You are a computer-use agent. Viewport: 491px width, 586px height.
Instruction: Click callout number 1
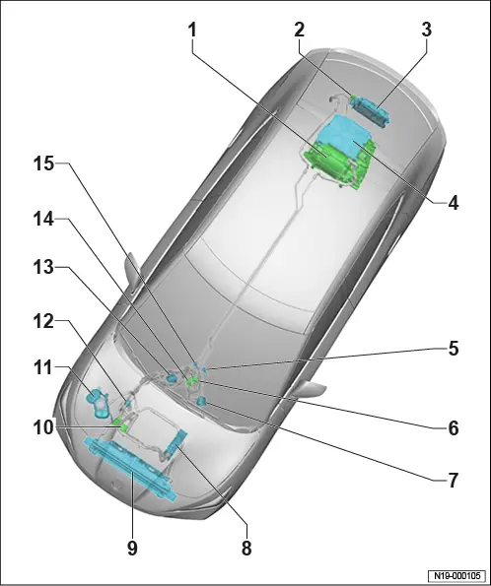pos(192,30)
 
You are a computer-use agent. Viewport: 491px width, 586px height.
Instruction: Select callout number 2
pos(300,30)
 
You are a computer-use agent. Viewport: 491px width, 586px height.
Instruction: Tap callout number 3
pos(427,30)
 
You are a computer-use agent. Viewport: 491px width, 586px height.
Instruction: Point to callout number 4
pos(453,203)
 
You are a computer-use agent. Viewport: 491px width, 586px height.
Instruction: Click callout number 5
pos(454,349)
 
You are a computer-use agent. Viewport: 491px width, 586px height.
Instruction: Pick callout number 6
pos(454,427)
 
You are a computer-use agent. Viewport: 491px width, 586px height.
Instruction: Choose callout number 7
pos(454,481)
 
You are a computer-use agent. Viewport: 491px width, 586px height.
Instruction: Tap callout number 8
pos(246,549)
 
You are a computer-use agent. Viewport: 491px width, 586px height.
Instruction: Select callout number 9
pos(132,549)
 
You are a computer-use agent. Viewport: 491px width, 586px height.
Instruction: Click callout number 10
pos(44,427)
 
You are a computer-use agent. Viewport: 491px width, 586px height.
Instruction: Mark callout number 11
pos(43,367)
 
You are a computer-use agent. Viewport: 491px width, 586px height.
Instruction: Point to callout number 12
pos(44,321)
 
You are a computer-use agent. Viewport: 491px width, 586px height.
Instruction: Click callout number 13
pos(44,267)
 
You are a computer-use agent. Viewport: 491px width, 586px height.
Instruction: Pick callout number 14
pos(44,220)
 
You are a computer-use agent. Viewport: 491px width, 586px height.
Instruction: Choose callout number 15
pos(44,163)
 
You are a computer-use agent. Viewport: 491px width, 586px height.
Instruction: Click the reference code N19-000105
pos(456,575)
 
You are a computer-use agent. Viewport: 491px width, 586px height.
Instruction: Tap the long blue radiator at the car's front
pos(130,470)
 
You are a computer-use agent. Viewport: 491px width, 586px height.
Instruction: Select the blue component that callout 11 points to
pos(98,402)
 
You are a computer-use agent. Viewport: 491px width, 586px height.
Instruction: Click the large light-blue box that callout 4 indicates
pos(343,135)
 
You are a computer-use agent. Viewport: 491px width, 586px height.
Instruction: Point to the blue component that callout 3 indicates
pos(370,109)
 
